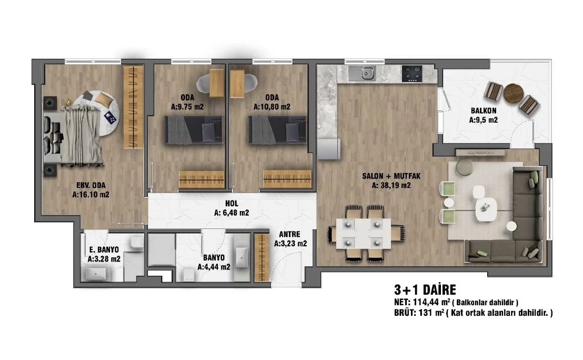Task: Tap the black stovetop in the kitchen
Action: (x=412, y=74)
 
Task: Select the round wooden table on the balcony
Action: (x=513, y=93)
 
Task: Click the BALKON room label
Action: (x=484, y=111)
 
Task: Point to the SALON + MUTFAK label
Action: (x=391, y=176)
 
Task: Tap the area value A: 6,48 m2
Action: (x=232, y=213)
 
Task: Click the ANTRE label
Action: (x=289, y=234)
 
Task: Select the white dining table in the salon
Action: (x=363, y=233)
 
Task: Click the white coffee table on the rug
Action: (x=486, y=209)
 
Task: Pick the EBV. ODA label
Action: (x=91, y=185)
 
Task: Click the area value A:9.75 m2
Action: (x=187, y=107)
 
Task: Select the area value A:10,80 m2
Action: (x=272, y=107)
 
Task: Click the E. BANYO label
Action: (x=104, y=249)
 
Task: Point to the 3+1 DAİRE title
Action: (x=425, y=289)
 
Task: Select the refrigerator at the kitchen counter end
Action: (x=329, y=149)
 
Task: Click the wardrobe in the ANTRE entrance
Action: (x=262, y=257)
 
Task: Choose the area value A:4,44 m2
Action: (x=214, y=267)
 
